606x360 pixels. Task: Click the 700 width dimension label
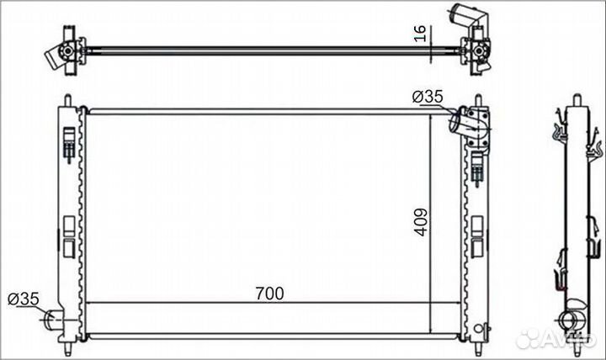(x=269, y=294)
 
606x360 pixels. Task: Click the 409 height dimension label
(x=422, y=222)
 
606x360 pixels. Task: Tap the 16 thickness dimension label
(x=420, y=34)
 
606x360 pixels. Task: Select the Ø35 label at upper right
(x=428, y=97)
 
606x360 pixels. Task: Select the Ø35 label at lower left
(x=24, y=299)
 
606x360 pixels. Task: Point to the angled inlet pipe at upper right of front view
(x=459, y=120)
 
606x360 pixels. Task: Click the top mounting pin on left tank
(x=67, y=100)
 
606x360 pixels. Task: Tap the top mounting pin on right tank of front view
(x=478, y=100)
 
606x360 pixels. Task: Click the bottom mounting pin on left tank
(x=68, y=349)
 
